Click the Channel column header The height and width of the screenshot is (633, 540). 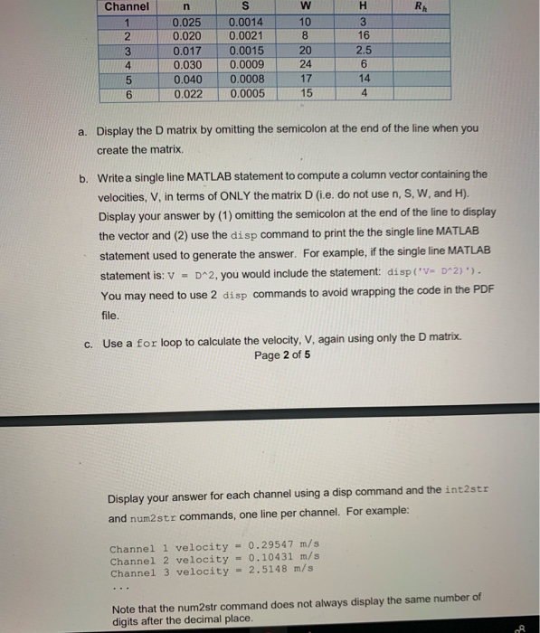click(x=128, y=6)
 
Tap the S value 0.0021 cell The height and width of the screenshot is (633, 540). click(x=247, y=34)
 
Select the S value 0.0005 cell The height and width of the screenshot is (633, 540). click(x=247, y=92)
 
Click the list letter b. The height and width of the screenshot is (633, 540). click(x=84, y=174)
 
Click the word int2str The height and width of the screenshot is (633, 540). click(x=467, y=499)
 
